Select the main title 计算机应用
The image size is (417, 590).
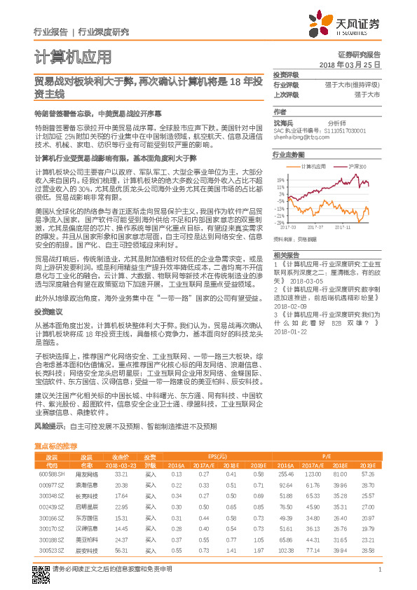[73, 57]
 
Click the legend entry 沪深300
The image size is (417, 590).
[357, 167]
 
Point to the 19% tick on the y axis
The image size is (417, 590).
[280, 180]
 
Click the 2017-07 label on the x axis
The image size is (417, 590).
[316, 227]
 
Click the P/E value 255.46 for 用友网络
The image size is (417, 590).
[285, 474]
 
